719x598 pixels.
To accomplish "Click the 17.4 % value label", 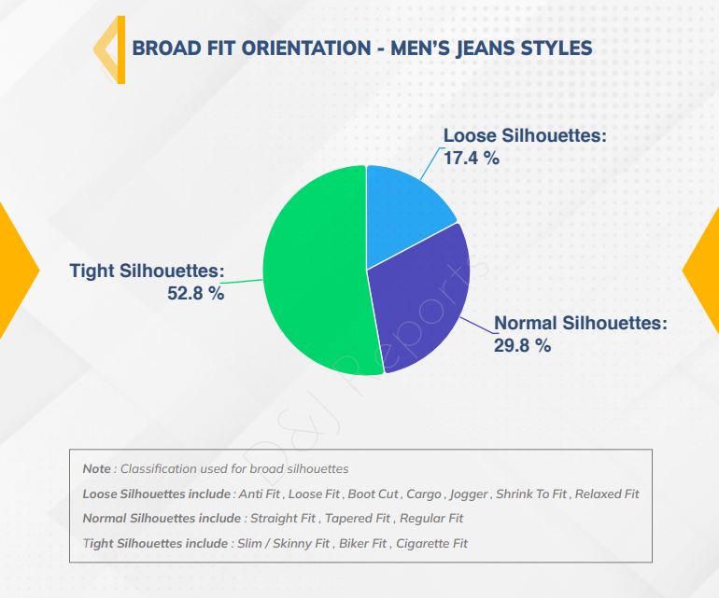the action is click(472, 158).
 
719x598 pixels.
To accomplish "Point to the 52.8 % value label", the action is click(196, 293).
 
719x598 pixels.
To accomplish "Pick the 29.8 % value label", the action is click(522, 345).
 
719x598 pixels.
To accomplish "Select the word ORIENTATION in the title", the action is click(306, 49).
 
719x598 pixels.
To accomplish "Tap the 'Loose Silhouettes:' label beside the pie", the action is click(525, 135).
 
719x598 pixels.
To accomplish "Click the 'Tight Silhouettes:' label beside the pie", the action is click(148, 271).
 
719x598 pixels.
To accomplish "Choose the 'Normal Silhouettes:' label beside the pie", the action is click(581, 323).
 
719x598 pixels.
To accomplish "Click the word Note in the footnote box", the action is click(97, 468).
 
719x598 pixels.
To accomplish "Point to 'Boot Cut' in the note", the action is click(374, 494).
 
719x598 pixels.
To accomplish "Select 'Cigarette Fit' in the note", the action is click(431, 544).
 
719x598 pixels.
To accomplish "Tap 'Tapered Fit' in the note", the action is click(358, 519).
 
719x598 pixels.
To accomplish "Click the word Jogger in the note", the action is click(469, 494).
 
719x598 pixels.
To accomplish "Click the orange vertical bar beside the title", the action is click(121, 50).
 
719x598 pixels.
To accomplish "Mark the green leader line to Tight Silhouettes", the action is click(244, 282).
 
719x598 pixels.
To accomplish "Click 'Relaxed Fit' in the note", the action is click(607, 494).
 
